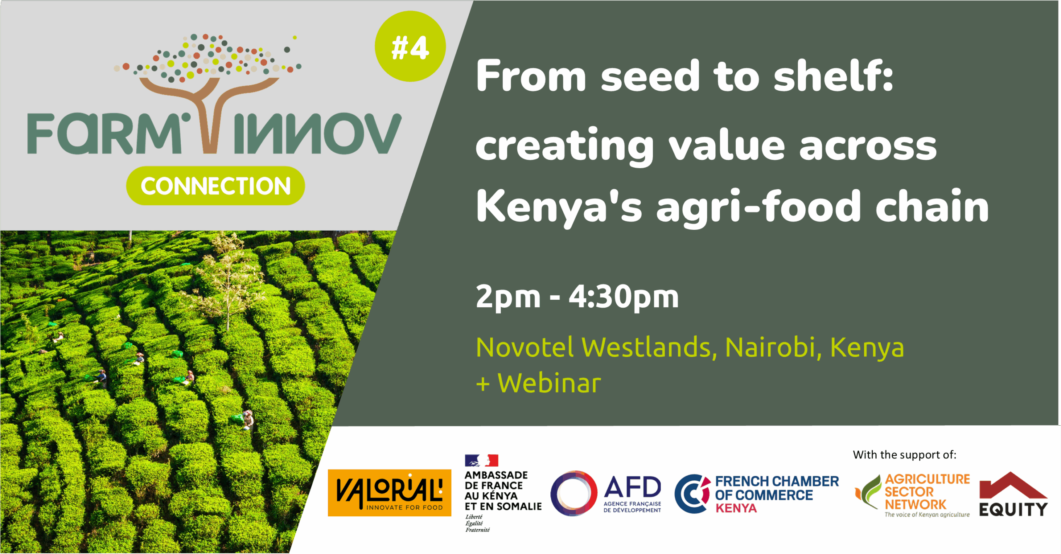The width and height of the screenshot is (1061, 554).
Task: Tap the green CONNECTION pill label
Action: pyautogui.click(x=216, y=185)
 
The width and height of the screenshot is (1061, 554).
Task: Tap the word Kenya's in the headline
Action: pyautogui.click(x=559, y=207)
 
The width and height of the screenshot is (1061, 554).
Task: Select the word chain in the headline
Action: pyautogui.click(x=932, y=206)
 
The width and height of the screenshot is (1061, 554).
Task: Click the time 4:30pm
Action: pyautogui.click(x=624, y=297)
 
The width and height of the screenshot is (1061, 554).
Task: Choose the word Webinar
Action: pyautogui.click(x=549, y=383)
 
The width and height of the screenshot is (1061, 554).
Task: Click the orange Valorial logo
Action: pyautogui.click(x=390, y=493)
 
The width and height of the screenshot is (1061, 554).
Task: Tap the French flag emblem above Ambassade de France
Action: pyautogui.click(x=481, y=460)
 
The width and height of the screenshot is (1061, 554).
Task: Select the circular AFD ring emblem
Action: pyautogui.click(x=574, y=493)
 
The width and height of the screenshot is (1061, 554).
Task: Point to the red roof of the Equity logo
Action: pyautogui.click(x=1013, y=485)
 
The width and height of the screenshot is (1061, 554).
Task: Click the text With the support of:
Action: pyautogui.click(x=905, y=455)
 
